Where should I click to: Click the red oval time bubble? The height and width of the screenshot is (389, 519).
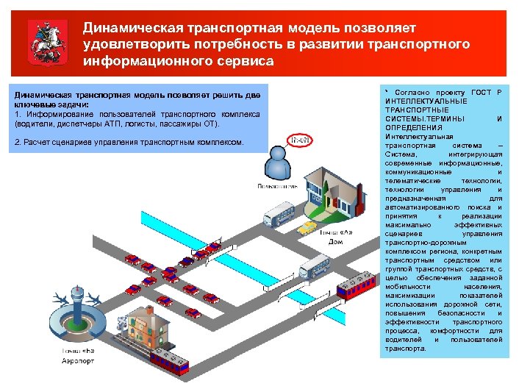click(x=298, y=138)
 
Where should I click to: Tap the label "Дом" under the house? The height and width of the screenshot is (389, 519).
click(x=335, y=242)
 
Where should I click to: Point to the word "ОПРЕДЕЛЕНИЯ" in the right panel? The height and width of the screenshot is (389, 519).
click(x=407, y=128)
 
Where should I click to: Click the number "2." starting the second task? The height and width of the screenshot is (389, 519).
click(x=18, y=142)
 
